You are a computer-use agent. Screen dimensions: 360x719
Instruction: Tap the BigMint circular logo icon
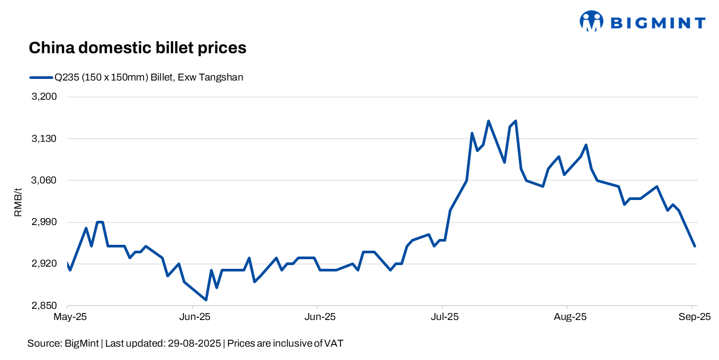tap(591, 21)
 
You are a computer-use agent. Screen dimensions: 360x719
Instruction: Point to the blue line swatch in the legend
tap(41, 77)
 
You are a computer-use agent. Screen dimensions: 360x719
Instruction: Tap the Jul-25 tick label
tap(443, 317)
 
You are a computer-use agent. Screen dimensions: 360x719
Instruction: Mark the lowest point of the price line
tap(206, 300)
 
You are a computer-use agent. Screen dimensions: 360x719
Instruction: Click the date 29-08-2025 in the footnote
tap(195, 343)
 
